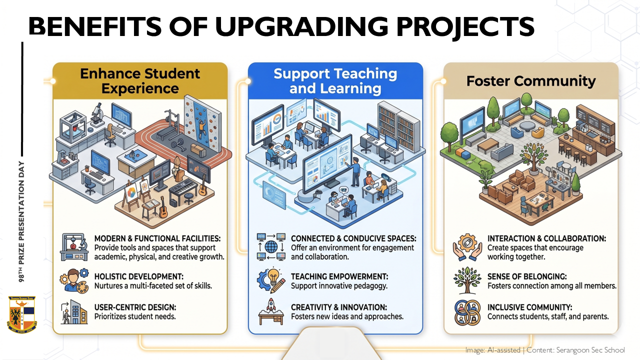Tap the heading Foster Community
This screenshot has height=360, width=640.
(531, 81)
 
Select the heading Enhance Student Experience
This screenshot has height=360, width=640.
(140, 81)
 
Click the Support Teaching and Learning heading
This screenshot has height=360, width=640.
(335, 81)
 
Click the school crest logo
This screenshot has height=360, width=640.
(22, 314)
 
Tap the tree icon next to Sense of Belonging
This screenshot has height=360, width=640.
(467, 280)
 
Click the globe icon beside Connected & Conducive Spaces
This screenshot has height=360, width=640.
(271, 247)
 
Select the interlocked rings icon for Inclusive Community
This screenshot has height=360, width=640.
(467, 312)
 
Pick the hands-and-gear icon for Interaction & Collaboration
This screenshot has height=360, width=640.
(467, 247)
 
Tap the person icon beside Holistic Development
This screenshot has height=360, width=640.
(74, 280)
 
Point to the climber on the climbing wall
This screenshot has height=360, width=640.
(201, 127)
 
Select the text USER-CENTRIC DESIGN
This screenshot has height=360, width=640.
(135, 307)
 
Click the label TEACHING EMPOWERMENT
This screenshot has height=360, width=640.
(339, 276)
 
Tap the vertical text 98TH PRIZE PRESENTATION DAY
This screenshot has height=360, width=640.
(21, 221)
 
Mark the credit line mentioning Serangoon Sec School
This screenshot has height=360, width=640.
(545, 350)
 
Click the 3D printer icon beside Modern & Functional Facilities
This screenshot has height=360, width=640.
(74, 247)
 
